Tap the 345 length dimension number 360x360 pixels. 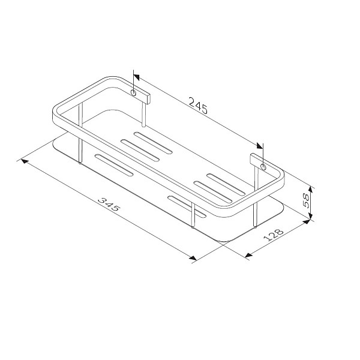(x=110, y=209)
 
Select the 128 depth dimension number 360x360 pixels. (x=274, y=237)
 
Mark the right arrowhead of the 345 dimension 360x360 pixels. (x=193, y=259)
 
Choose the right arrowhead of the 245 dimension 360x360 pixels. (x=260, y=146)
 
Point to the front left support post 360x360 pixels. (x=80, y=141)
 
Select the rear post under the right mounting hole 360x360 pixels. (x=257, y=198)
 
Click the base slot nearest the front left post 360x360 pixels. (x=113, y=166)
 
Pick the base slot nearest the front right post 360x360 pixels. (x=187, y=205)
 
